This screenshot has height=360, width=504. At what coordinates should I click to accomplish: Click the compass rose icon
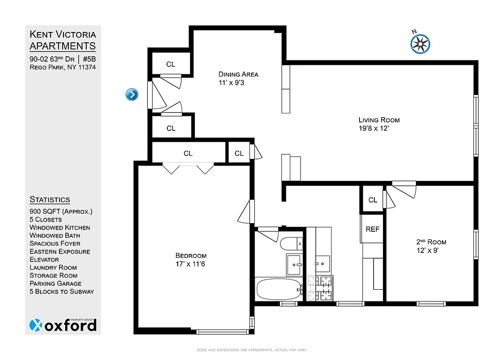pyautogui.click(x=420, y=43)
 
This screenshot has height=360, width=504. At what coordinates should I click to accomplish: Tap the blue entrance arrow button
pyautogui.click(x=131, y=94)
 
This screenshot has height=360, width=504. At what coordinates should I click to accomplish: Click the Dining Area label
pyautogui.click(x=238, y=74)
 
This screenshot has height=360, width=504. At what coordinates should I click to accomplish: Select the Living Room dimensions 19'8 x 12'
pyautogui.click(x=379, y=128)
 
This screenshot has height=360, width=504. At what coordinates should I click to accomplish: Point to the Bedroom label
pyautogui.click(x=191, y=256)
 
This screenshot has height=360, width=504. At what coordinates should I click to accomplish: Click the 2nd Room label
pyautogui.click(x=431, y=242)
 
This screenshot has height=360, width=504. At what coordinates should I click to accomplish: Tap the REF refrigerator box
pyautogui.click(x=373, y=229)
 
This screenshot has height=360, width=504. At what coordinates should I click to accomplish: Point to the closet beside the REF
pyautogui.click(x=373, y=200)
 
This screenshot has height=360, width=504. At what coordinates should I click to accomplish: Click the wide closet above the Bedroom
pyautogui.click(x=188, y=153)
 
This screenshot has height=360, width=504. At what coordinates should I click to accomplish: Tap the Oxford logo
pyautogui.click(x=63, y=325)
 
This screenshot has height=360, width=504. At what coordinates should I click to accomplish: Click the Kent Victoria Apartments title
pyautogui.click(x=63, y=40)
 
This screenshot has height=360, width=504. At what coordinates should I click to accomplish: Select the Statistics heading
pyautogui.click(x=49, y=199)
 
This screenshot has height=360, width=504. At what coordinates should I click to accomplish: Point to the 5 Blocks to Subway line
pyautogui.click(x=62, y=291)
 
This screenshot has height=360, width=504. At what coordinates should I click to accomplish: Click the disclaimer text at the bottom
pyautogui.click(x=252, y=350)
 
